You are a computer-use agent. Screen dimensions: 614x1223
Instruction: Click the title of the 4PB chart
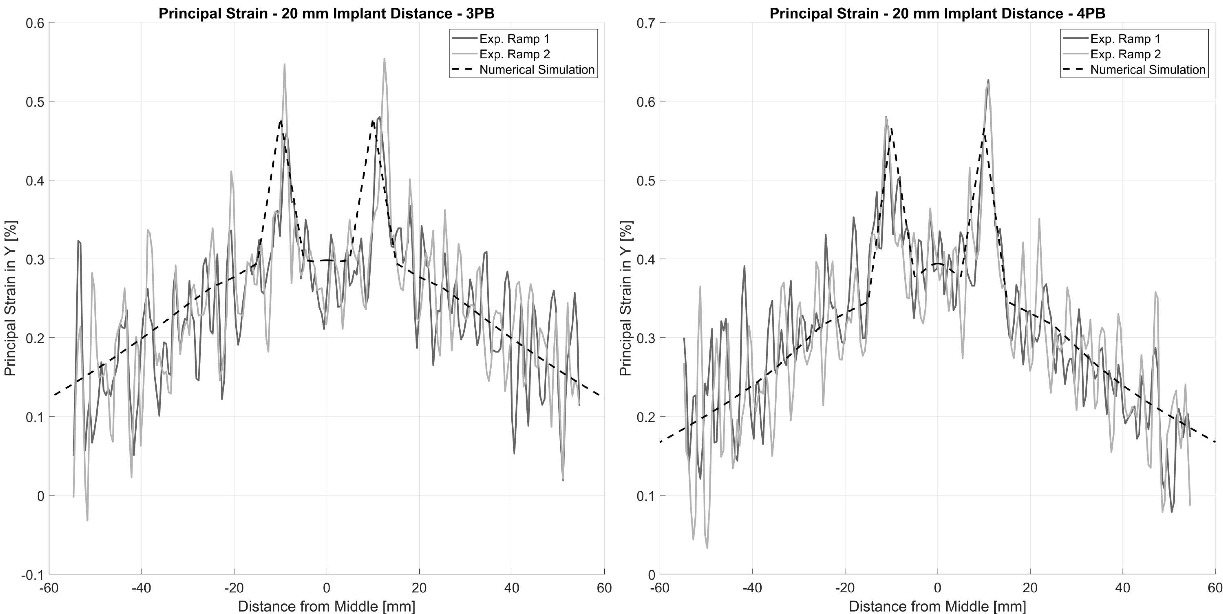[x=937, y=13]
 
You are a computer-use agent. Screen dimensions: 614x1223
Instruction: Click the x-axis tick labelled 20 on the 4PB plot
[x=1030, y=588]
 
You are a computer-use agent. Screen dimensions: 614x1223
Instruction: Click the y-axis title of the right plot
[x=626, y=298]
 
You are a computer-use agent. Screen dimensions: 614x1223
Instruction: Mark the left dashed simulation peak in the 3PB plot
[x=281, y=121]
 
